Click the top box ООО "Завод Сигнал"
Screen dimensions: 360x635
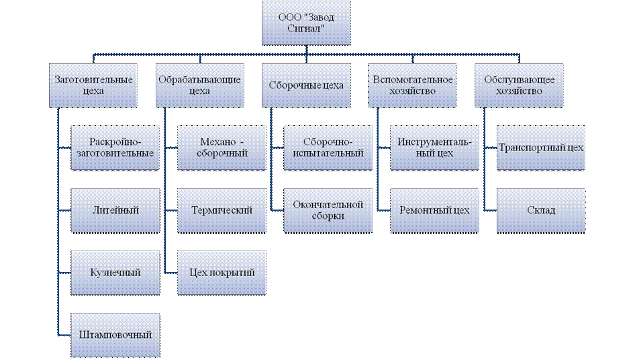click(x=305, y=23)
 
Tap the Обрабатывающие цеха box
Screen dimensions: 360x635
click(x=200, y=85)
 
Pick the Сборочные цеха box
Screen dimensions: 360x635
click(x=305, y=85)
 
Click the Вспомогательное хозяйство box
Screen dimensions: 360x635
click(x=412, y=85)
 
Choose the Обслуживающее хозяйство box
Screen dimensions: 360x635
click(x=519, y=85)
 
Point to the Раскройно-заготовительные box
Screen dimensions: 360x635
click(x=115, y=148)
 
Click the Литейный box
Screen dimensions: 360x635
click(x=115, y=210)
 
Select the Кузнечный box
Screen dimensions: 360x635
click(x=115, y=272)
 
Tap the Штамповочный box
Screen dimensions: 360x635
click(x=115, y=334)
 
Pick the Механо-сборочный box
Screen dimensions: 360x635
click(x=222, y=148)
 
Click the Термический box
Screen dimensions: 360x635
click(x=222, y=210)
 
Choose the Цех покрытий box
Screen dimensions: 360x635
click(x=222, y=272)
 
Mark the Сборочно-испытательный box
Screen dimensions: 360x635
click(x=328, y=148)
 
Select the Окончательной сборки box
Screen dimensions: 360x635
click(x=328, y=210)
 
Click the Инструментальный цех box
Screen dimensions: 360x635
click(x=435, y=148)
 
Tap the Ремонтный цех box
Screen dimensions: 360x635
click(x=435, y=210)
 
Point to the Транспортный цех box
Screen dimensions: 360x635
click(x=541, y=148)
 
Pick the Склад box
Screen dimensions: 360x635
click(x=541, y=210)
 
